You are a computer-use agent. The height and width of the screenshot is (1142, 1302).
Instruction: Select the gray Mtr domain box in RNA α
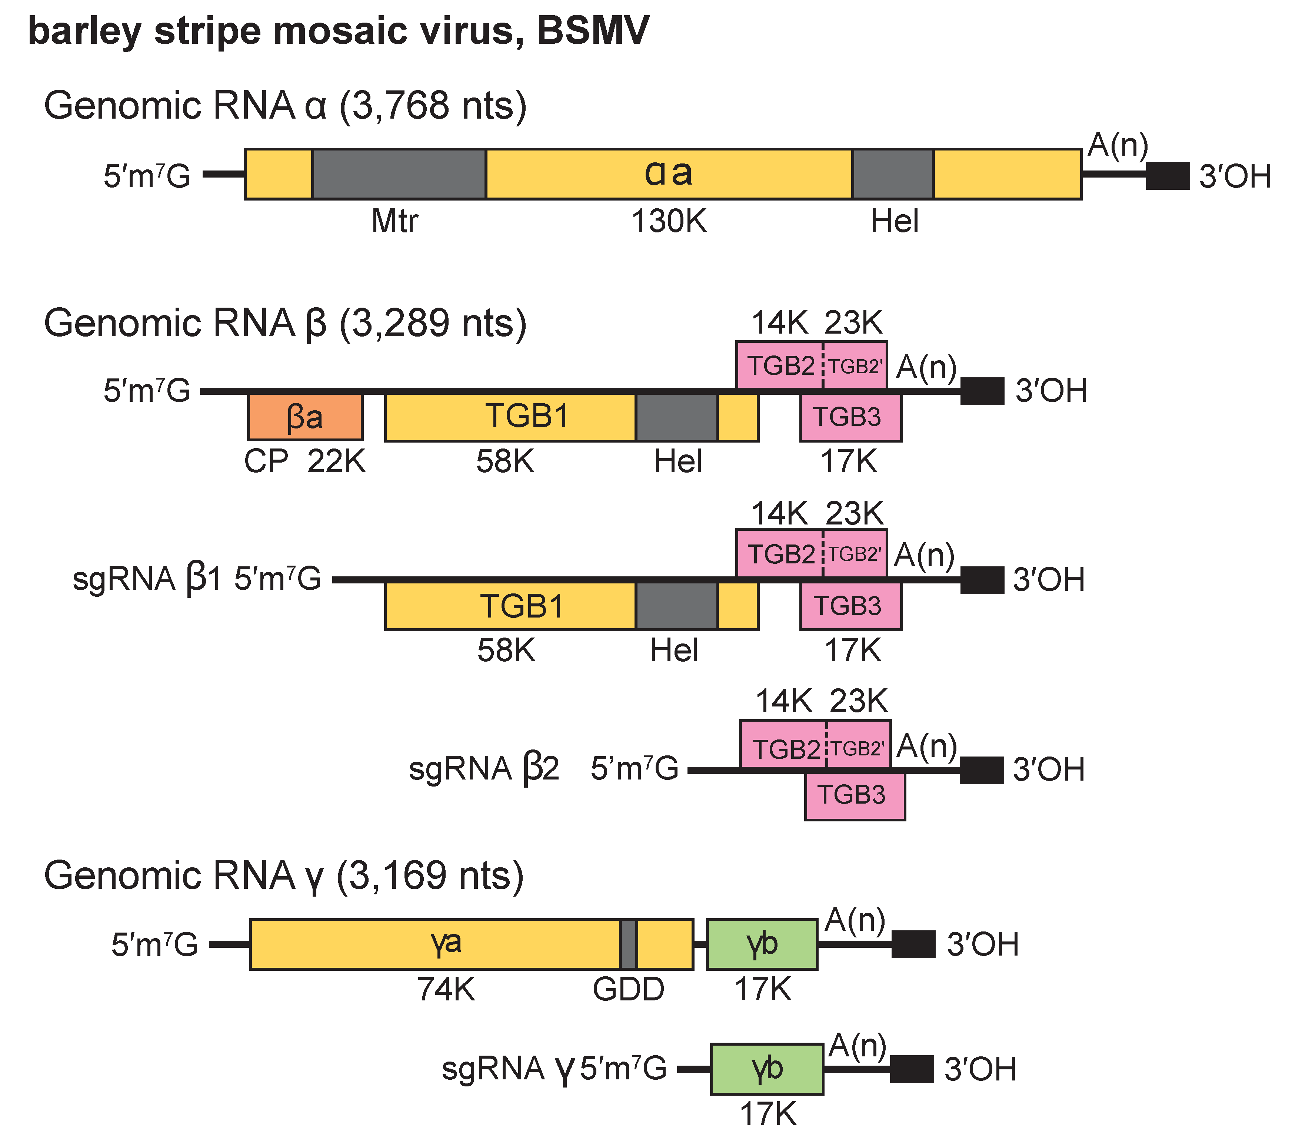point(399,174)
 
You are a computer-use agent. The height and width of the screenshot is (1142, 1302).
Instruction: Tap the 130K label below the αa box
point(669,222)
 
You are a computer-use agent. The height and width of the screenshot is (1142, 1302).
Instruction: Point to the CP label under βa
point(266,461)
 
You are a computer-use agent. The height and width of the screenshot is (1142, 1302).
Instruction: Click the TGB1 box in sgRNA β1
point(510,605)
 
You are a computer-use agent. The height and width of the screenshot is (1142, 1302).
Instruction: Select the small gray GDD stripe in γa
point(628,944)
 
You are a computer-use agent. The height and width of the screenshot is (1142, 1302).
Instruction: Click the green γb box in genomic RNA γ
point(762,944)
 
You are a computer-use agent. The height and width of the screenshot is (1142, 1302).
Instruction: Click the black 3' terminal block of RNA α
point(1168,176)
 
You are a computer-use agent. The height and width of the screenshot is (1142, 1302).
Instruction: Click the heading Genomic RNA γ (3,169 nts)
point(283,875)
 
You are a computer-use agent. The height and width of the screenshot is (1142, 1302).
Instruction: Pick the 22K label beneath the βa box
point(336,461)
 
